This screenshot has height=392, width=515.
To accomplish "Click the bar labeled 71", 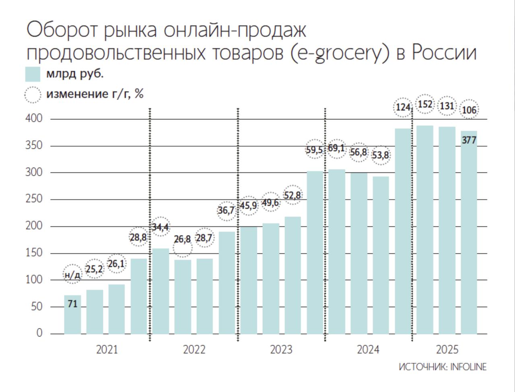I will pyautogui.click(x=72, y=314).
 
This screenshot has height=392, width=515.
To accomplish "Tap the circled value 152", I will pyautogui.click(x=425, y=105).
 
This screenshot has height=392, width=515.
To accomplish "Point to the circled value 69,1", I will pyautogui.click(x=336, y=148).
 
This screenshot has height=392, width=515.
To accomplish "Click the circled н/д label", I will pyautogui.click(x=72, y=275).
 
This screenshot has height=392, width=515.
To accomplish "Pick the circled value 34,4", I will pyautogui.click(x=160, y=227).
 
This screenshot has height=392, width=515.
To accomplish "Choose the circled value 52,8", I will pyautogui.click(x=293, y=195).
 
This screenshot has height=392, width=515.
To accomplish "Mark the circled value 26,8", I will pyautogui.click(x=182, y=240).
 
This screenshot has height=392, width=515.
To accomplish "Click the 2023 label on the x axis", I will pyautogui.click(x=281, y=349).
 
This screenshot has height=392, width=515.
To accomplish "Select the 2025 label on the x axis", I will pyautogui.click(x=447, y=349).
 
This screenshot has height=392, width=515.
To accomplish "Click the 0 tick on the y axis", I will pyautogui.click(x=39, y=333).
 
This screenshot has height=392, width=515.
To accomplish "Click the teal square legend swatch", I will pyautogui.click(x=33, y=75).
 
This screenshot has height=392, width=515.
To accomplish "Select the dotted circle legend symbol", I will pyautogui.click(x=33, y=95).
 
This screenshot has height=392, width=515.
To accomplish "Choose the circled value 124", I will pyautogui.click(x=403, y=108).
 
